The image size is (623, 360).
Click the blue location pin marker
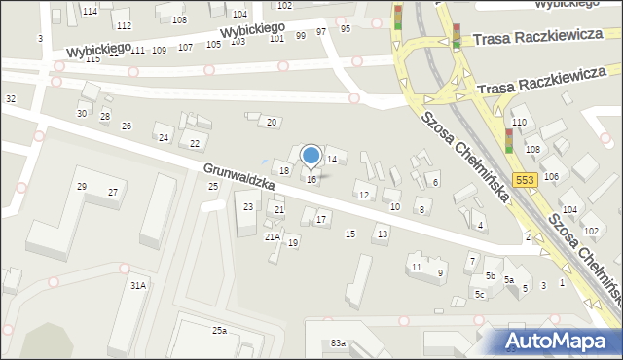pos(311,156)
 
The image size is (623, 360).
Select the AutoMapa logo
pos(558,340)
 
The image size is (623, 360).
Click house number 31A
pos(138,285)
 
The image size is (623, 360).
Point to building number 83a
pos(338,343)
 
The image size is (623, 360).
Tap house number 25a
pos(221,331)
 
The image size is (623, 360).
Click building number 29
pos(82,186)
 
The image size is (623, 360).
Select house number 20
pos(272,122)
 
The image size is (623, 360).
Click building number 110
pos(519,122)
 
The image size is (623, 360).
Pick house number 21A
pos(273,236)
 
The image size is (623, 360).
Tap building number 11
pos(417,267)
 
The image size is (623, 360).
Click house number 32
pos(11,99)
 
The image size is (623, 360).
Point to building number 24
pos(164,137)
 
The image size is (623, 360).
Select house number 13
pos(383,234)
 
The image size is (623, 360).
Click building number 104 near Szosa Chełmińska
pos(568,210)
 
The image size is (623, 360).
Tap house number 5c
pos(480,294)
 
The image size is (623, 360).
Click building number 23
pos(248,206)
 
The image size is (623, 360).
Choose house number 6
pos(435,182)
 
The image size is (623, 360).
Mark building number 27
pos(113,193)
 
